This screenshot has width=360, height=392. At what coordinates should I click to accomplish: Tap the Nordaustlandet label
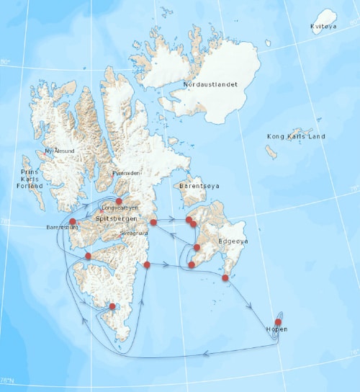pos(210,84)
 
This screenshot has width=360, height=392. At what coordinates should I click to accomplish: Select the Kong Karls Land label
pos(296,136)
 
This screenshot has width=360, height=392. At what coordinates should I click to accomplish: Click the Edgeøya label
pos(235,243)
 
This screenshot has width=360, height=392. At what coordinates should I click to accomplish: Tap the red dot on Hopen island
pos(279,321)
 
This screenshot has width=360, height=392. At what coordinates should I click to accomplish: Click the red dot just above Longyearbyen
pos(120,202)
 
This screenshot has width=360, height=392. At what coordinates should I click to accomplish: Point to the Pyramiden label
pos(126,174)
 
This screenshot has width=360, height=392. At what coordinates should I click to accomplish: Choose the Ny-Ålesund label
pos(59,151)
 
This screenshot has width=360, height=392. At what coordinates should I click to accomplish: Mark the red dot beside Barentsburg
pos(73,221)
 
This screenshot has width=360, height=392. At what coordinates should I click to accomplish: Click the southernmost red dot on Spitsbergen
pos(112,306)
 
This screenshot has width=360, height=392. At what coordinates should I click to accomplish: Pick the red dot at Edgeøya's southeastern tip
pos(225,277)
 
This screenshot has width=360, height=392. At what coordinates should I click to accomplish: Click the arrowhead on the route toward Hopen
pos(251,306)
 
